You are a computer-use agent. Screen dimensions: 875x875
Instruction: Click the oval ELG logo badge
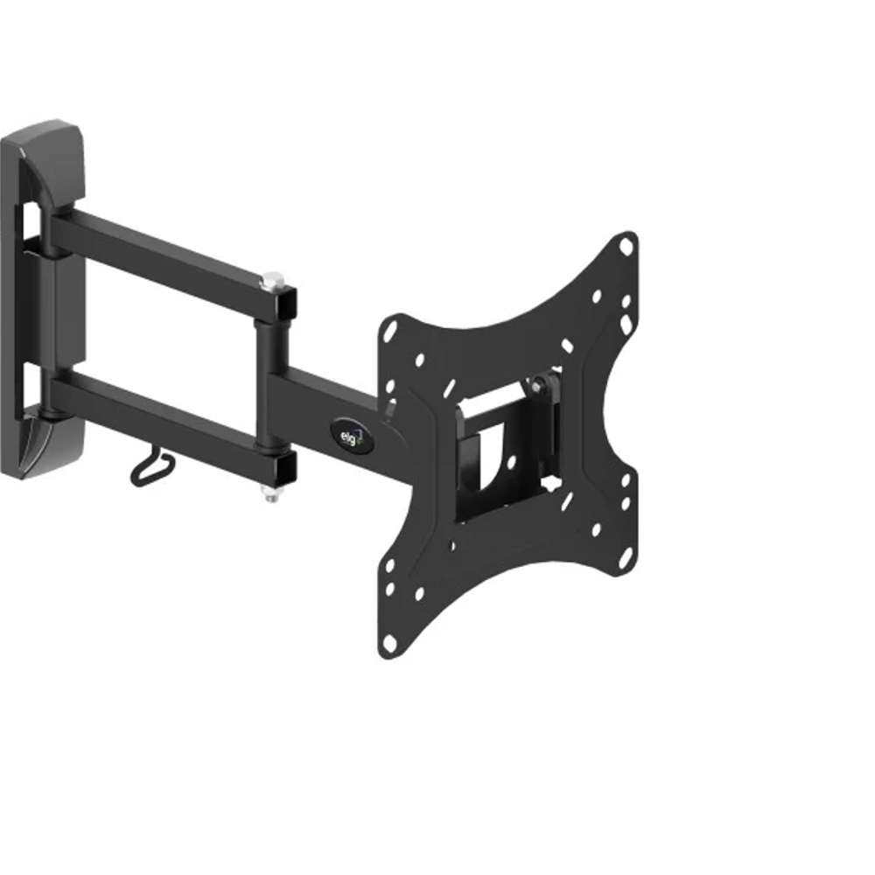point(352,435)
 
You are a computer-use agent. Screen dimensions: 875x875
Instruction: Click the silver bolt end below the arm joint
point(272,495)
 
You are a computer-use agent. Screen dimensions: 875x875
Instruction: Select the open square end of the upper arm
point(286,304)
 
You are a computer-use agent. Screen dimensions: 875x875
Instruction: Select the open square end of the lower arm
point(286,469)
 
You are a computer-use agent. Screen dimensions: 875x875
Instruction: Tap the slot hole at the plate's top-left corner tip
point(391,331)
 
